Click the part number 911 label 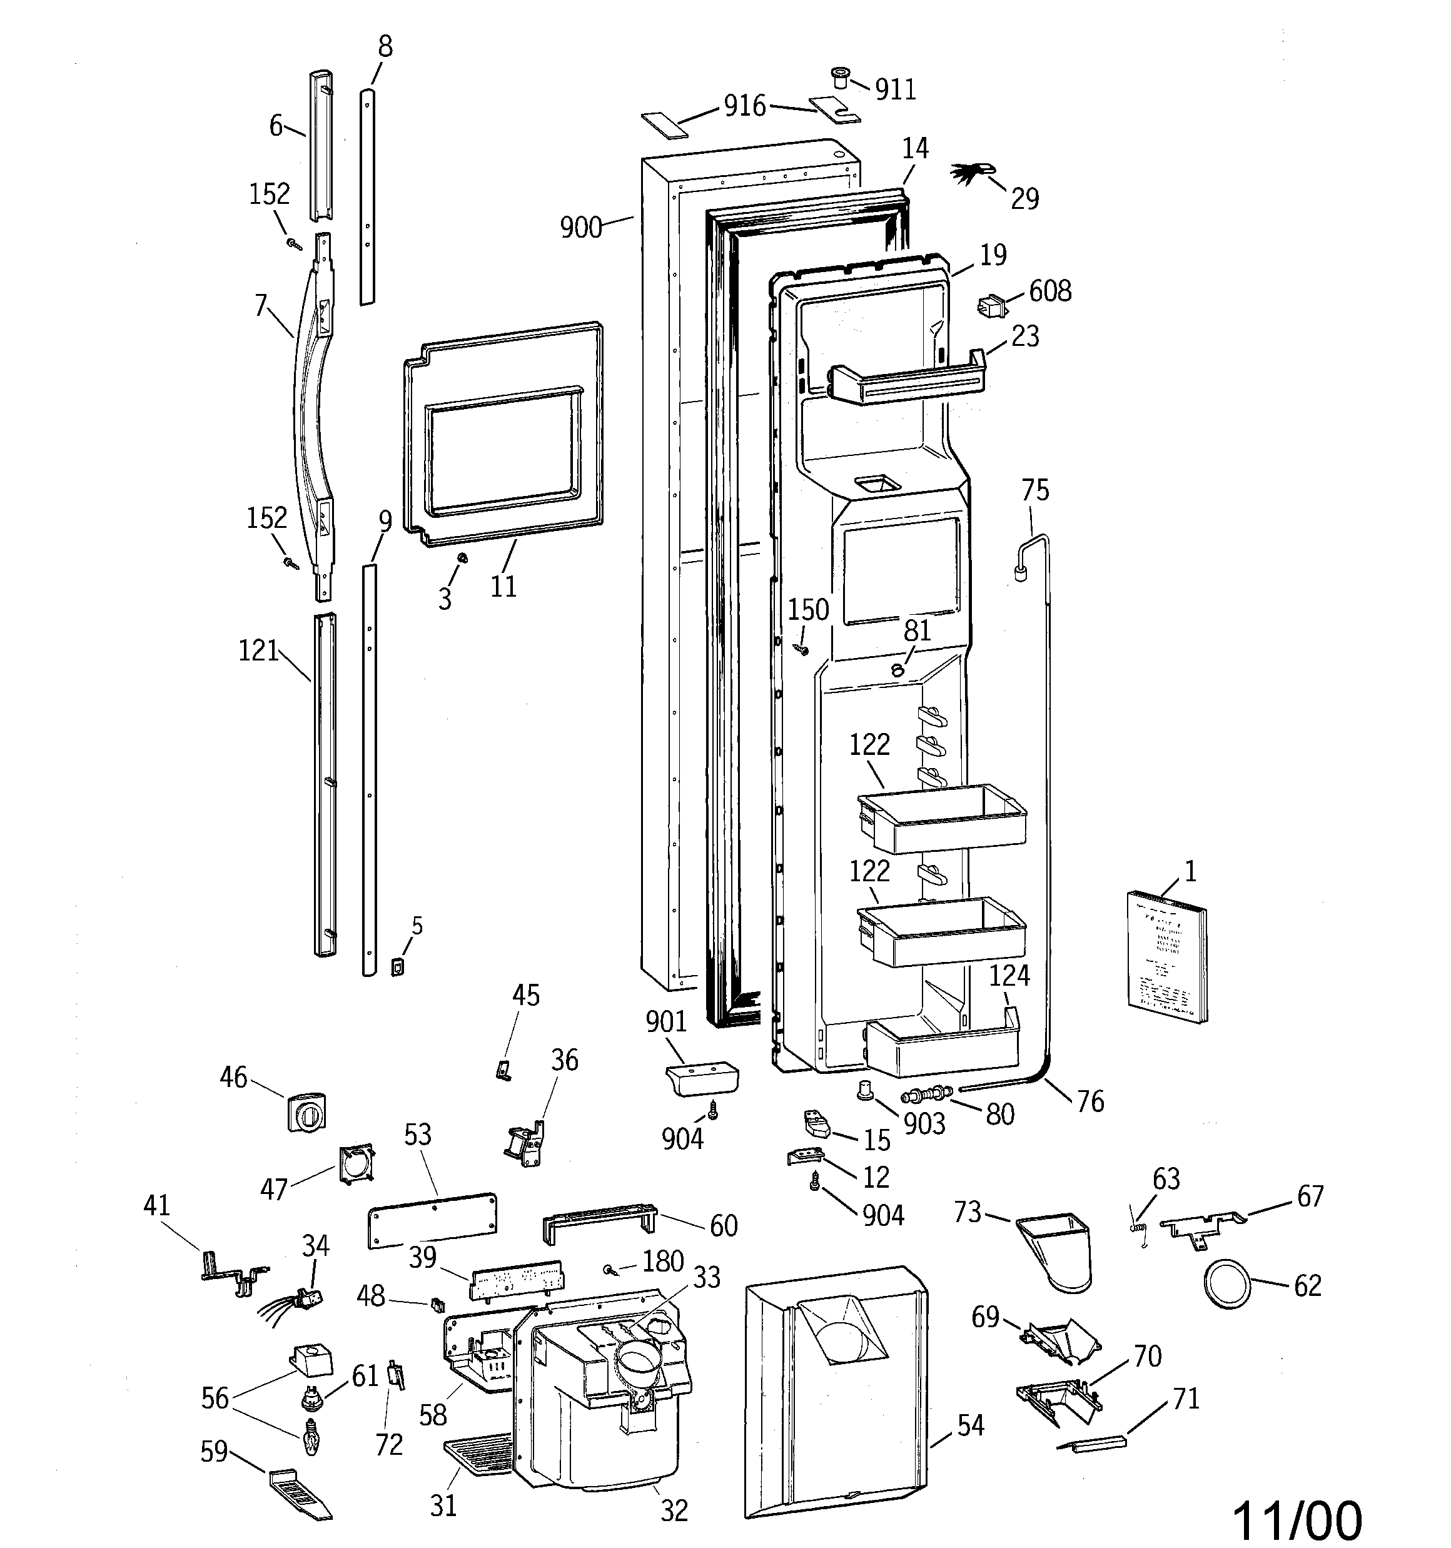[895, 90]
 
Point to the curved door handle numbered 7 [308, 413]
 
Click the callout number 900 [581, 228]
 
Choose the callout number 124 [1009, 975]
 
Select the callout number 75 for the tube [1035, 490]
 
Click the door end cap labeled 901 [702, 1078]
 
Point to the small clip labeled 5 [397, 966]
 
